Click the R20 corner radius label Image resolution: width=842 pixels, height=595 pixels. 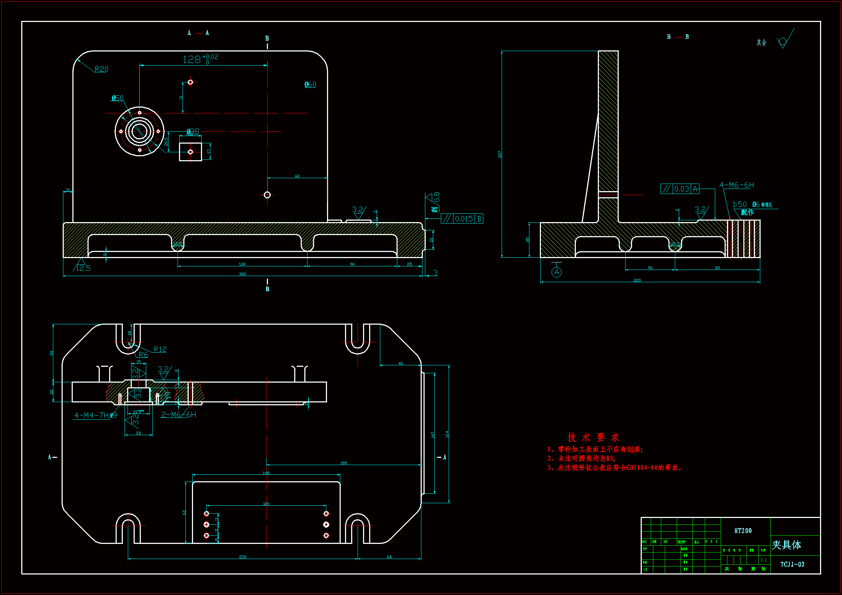pyautogui.click(x=101, y=69)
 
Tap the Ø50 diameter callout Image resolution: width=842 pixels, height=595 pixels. pyautogui.click(x=118, y=98)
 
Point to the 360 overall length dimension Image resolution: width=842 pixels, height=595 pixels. pyautogui.click(x=242, y=274)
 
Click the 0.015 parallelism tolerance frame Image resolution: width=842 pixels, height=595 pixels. pyautogui.click(x=462, y=219)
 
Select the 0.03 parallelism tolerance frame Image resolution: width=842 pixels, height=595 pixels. pyautogui.click(x=680, y=189)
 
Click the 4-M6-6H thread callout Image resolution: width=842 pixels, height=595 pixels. pyautogui.click(x=736, y=185)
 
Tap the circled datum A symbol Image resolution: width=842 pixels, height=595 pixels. pyautogui.click(x=556, y=272)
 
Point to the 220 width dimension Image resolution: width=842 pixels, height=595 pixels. pyautogui.click(x=637, y=280)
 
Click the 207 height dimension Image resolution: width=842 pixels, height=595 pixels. pyautogui.click(x=500, y=154)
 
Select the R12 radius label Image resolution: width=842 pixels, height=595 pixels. pyautogui.click(x=160, y=350)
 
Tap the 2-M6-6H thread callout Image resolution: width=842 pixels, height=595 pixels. pyautogui.click(x=179, y=415)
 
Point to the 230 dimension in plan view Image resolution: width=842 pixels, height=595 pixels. pyautogui.click(x=243, y=557)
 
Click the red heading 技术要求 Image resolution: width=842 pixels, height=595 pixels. pyautogui.click(x=593, y=437)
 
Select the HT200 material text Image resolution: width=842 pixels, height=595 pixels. pyautogui.click(x=743, y=531)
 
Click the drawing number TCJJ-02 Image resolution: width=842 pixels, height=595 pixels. pyautogui.click(x=792, y=564)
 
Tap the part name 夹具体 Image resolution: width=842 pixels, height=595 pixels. pyautogui.click(x=786, y=545)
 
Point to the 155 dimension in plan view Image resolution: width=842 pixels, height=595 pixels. pyautogui.click(x=343, y=463)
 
